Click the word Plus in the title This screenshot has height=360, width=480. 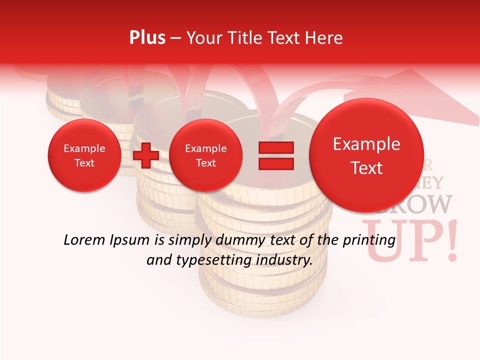tap(147, 37)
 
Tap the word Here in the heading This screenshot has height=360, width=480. tap(324, 37)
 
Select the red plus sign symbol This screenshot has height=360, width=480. tap(146, 155)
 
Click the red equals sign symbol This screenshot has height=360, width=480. tap(275, 155)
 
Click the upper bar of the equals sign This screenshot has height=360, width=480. tap(275, 147)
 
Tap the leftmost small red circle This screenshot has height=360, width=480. tap(84, 155)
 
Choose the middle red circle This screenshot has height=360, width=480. tap(205, 155)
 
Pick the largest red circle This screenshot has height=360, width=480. tap(366, 155)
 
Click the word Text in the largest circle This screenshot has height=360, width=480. tap(366, 168)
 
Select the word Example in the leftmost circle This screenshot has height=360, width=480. tap(84, 148)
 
